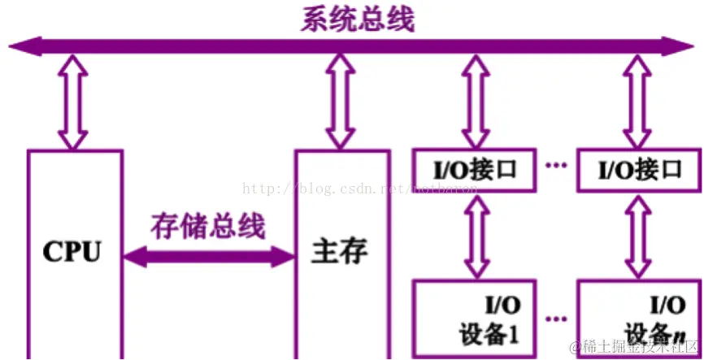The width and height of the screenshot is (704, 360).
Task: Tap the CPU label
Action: point(72,251)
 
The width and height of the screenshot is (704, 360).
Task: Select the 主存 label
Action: point(339,251)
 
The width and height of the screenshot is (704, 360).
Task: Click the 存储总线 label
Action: point(208,226)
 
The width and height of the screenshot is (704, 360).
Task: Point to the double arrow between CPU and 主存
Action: point(208,258)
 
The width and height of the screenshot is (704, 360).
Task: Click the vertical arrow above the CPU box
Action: point(72,102)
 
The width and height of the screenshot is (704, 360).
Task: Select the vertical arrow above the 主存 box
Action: point(339,102)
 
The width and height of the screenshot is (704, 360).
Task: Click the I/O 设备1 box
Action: point(475,319)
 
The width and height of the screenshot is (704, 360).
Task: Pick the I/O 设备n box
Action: point(639,319)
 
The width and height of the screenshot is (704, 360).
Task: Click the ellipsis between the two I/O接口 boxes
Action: point(556,167)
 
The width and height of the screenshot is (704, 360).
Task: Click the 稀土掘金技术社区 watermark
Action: point(634,347)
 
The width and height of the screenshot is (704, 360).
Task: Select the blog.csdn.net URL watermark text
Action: point(358,189)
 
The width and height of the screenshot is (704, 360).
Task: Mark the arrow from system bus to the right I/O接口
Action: point(639,102)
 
